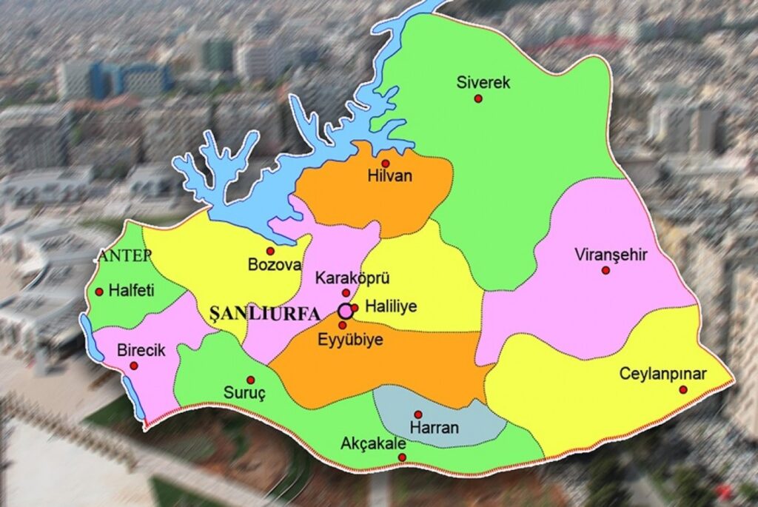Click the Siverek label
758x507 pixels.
483,82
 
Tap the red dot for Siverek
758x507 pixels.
478,98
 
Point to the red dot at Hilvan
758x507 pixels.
385,163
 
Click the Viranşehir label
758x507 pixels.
611,255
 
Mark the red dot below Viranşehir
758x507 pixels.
606,270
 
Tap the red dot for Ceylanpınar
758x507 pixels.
682,389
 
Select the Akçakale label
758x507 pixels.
373,443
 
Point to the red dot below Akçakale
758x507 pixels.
402,457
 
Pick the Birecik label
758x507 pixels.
141,350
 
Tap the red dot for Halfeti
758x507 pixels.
99,292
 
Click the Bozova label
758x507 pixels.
275,265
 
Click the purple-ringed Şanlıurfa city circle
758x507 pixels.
345,310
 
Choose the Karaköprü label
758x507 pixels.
352,278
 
